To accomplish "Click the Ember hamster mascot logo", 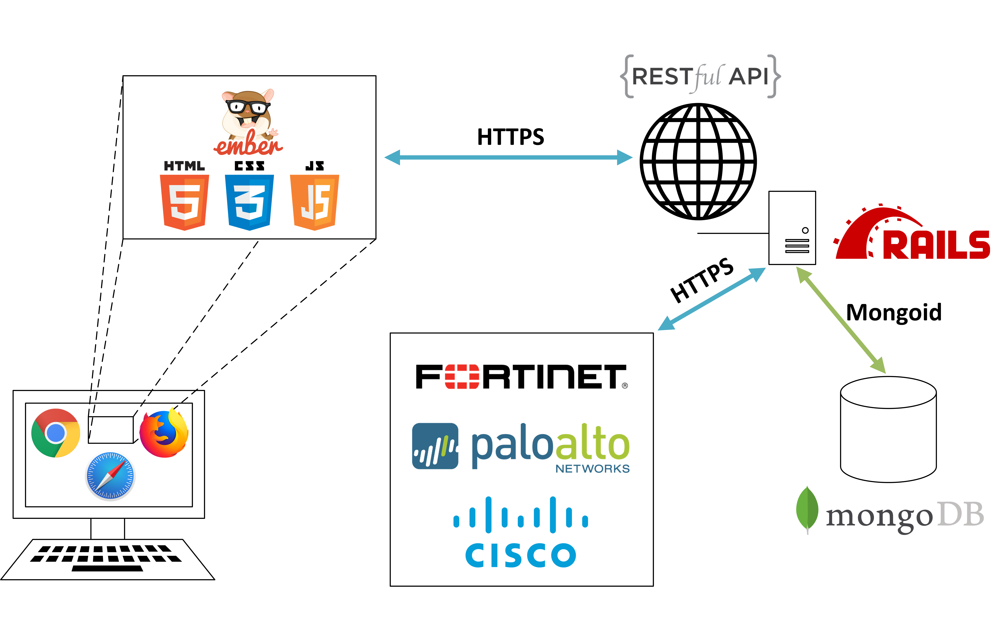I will [248, 122].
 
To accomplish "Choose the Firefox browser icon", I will [164, 433].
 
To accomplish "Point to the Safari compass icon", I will [110, 476].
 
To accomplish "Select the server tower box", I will [792, 228].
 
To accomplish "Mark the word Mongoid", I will [894, 312].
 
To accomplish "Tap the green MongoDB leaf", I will [807, 509].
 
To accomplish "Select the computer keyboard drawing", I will [107, 559].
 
